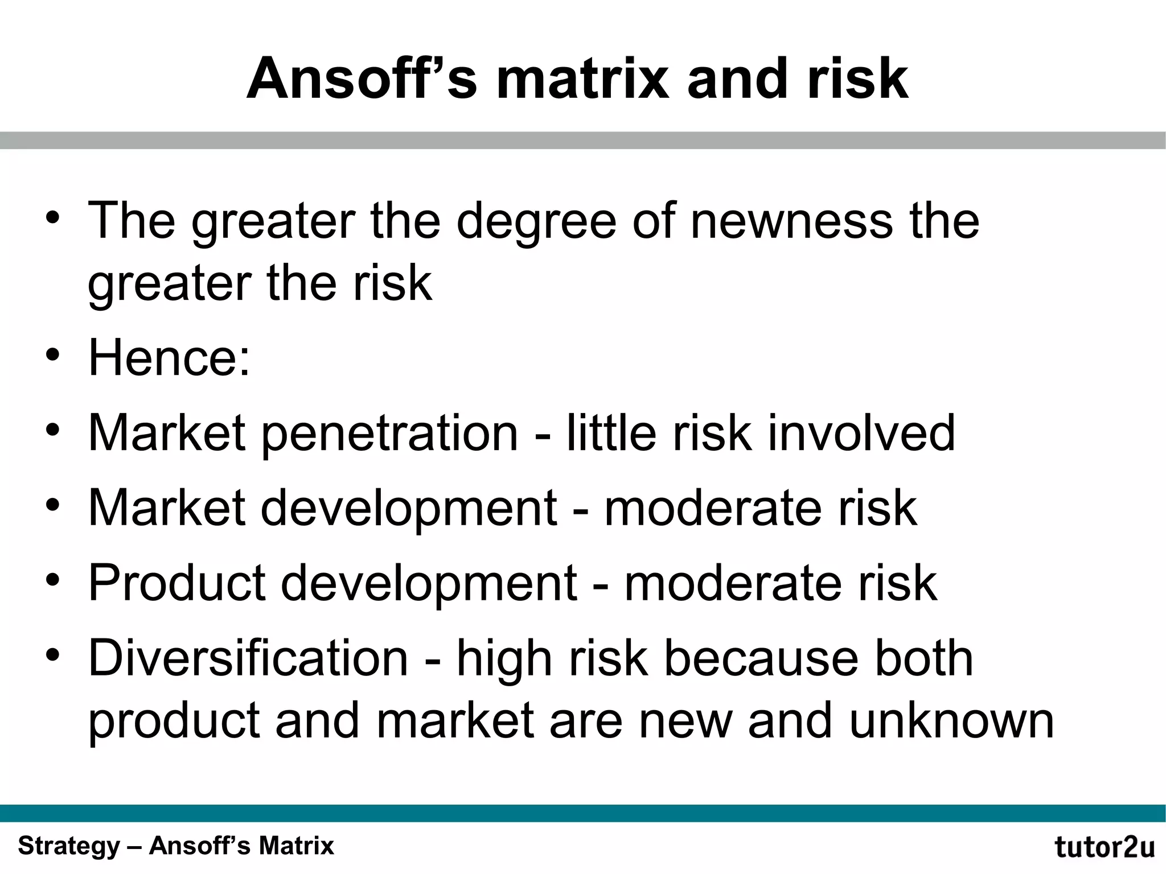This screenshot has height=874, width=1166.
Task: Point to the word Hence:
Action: [169, 357]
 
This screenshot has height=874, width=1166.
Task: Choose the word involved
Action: [861, 432]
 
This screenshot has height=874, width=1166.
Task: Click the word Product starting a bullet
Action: [177, 583]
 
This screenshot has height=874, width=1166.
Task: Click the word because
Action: [761, 658]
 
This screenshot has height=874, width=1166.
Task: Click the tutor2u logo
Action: [1105, 847]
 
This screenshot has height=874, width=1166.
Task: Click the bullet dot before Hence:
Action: [53, 356]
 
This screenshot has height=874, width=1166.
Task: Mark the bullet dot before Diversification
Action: [53, 656]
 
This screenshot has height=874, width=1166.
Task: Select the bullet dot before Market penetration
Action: [53, 431]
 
